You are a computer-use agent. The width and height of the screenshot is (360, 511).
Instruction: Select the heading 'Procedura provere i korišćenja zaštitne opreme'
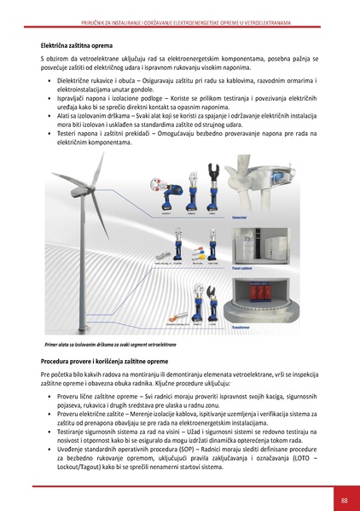pos(107,363)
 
